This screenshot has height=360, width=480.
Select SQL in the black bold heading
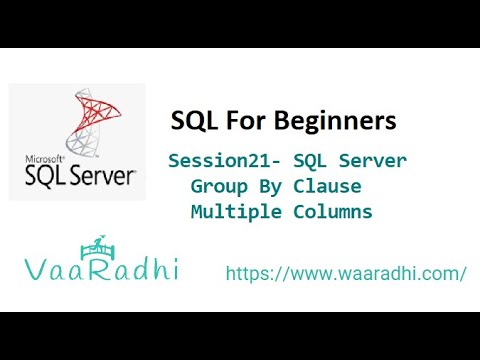point(199,121)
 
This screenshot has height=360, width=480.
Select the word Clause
point(325,187)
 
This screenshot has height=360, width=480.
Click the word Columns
point(333,212)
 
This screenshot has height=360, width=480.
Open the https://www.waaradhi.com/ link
point(346,273)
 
